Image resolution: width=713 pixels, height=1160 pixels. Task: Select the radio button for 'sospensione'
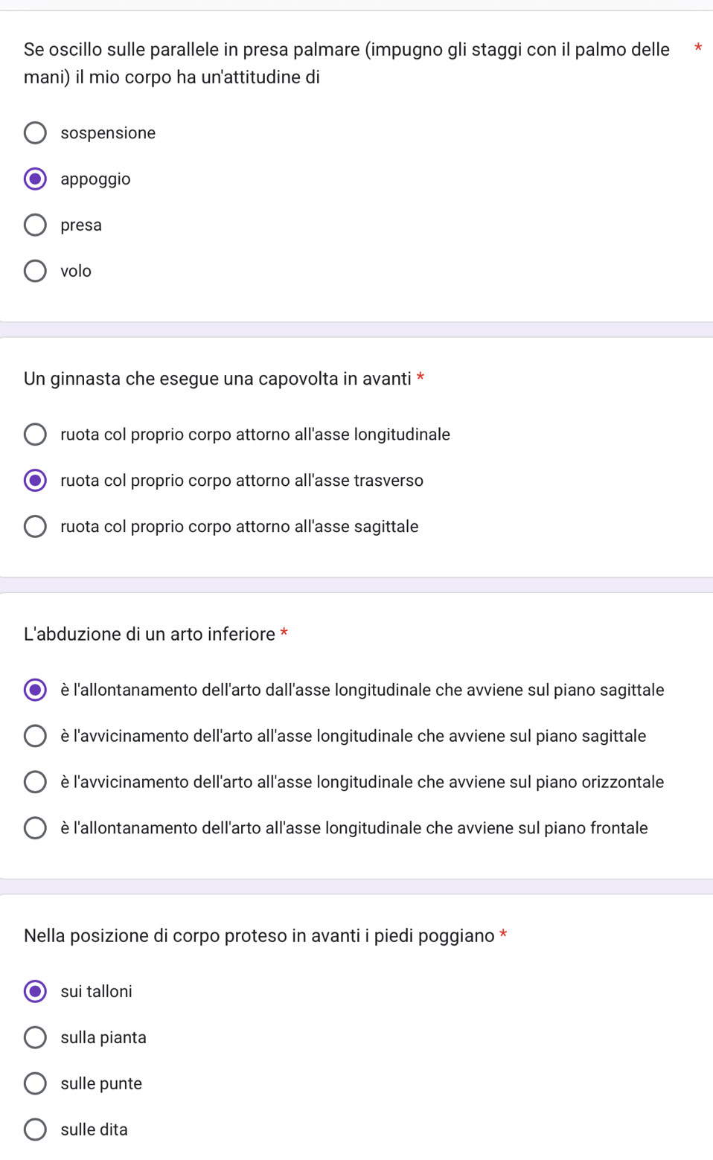pyautogui.click(x=35, y=133)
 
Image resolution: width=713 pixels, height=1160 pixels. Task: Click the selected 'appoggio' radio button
pyautogui.click(x=35, y=179)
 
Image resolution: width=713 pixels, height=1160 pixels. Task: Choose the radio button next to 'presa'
pyautogui.click(x=35, y=225)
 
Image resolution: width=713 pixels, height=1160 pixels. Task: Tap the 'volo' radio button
pyautogui.click(x=35, y=271)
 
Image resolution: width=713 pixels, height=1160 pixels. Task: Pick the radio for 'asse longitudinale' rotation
pyautogui.click(x=35, y=435)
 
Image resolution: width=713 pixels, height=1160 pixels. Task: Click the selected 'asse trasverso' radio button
pyautogui.click(x=35, y=481)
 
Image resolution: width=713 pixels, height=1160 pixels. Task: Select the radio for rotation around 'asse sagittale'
pyautogui.click(x=35, y=527)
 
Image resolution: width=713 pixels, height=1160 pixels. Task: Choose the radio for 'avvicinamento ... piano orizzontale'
pyautogui.click(x=35, y=782)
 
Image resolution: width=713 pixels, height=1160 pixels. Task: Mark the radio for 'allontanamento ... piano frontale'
pyautogui.click(x=35, y=828)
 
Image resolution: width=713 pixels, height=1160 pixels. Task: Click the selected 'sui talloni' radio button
pyautogui.click(x=35, y=991)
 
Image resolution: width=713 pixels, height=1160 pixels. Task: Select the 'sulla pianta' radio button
pyautogui.click(x=35, y=1037)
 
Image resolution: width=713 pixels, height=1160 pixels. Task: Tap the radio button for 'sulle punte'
pyautogui.click(x=35, y=1083)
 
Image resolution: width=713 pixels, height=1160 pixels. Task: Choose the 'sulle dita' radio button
pyautogui.click(x=35, y=1129)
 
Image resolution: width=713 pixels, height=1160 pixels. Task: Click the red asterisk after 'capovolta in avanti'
pyautogui.click(x=421, y=376)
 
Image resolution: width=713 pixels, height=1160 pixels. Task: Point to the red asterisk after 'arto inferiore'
pyautogui.click(x=284, y=632)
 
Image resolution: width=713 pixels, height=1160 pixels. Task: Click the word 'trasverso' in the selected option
pyautogui.click(x=389, y=481)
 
